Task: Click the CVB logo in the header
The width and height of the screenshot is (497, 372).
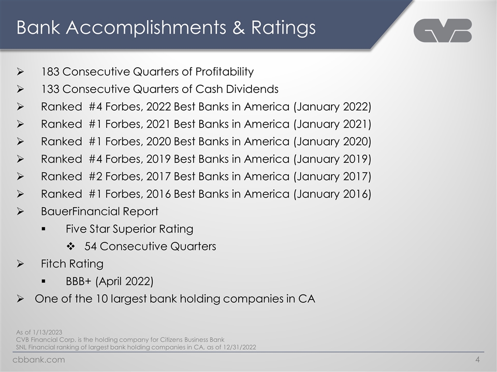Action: click(443, 30)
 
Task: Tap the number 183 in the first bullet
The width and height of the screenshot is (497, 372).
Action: click(51, 71)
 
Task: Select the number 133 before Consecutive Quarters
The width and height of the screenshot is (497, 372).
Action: click(51, 89)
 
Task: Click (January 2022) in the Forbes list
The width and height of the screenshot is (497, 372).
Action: click(332, 106)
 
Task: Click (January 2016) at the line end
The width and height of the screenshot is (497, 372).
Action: click(332, 194)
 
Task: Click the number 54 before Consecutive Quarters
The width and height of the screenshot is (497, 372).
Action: click(91, 246)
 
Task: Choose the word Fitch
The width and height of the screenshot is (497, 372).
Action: click(54, 264)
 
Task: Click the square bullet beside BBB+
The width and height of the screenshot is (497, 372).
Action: click(45, 282)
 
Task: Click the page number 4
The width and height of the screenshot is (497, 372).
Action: click(477, 360)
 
